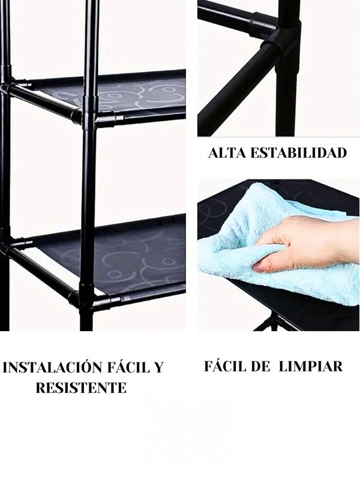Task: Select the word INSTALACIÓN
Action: click(53, 367)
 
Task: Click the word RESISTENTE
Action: click(81, 388)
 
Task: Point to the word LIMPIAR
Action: click(311, 366)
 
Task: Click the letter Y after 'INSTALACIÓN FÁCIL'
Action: click(158, 367)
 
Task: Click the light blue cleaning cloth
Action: click(275, 245)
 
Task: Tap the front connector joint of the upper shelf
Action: click(89, 114)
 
